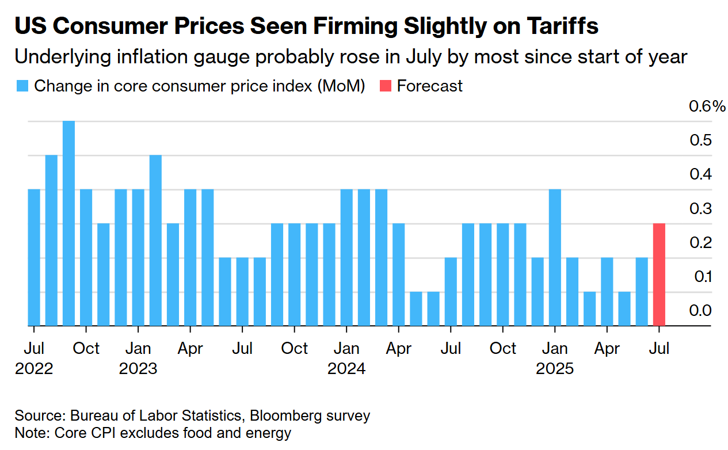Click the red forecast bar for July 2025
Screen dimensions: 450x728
click(659, 274)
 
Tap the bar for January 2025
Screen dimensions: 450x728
click(555, 257)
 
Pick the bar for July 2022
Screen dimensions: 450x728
click(34, 257)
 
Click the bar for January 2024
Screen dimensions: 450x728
click(346, 257)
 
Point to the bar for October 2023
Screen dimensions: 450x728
click(294, 274)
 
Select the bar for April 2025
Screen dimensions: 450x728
click(607, 292)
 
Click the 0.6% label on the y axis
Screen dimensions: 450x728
click(707, 106)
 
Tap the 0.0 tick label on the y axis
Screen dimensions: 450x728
click(700, 311)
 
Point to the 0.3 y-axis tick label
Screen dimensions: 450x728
click(700, 208)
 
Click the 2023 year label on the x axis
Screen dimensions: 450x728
click(138, 368)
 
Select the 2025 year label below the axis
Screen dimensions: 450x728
click(555, 368)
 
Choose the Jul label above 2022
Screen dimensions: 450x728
click(34, 349)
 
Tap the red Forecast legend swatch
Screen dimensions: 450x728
click(386, 86)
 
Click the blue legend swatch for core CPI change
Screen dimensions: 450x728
click(22, 86)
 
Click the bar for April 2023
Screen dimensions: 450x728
click(190, 257)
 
